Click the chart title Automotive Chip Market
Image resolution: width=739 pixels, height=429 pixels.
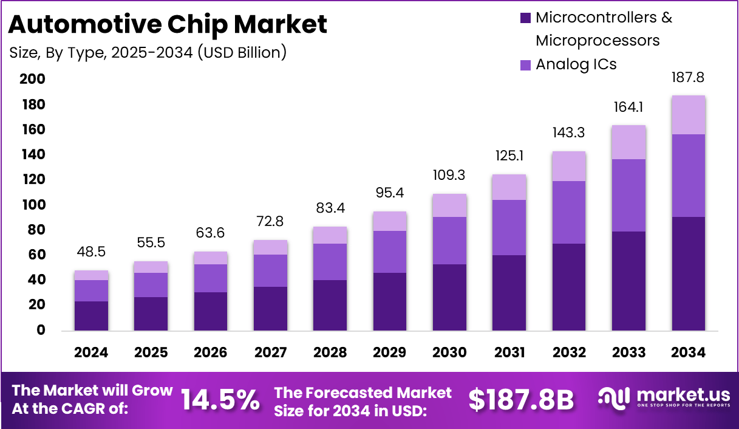(x=168, y=24)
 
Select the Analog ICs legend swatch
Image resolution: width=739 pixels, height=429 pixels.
(x=526, y=64)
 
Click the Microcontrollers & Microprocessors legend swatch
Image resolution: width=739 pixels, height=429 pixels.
(x=526, y=18)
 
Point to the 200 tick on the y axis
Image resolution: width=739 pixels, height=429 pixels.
(x=32, y=80)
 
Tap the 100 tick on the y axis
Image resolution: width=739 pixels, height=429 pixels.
(x=32, y=205)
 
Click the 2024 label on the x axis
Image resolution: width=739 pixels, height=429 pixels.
(x=91, y=352)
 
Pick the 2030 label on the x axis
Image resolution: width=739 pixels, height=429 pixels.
(x=449, y=352)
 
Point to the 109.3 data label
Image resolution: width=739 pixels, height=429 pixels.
(x=449, y=176)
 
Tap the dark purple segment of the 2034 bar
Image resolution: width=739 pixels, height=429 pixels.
(x=688, y=273)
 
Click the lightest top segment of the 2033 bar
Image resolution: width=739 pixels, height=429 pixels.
(x=628, y=142)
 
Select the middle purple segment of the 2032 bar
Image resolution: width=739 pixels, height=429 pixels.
(x=569, y=212)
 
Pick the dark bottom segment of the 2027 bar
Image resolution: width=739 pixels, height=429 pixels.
(x=270, y=309)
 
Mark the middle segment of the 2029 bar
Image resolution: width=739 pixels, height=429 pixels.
(x=390, y=252)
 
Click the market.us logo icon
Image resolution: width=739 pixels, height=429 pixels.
(x=615, y=398)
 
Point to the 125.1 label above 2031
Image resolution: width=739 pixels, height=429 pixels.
(x=509, y=156)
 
